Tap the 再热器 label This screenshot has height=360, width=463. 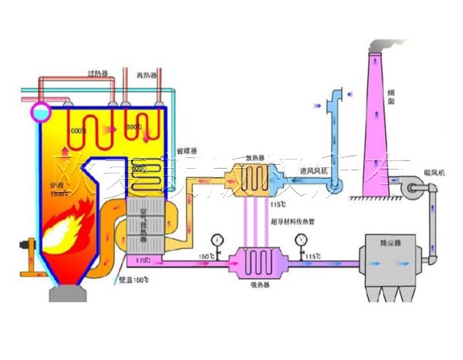(147, 75)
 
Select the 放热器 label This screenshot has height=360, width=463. (255, 159)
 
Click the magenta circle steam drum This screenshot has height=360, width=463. (39, 113)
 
